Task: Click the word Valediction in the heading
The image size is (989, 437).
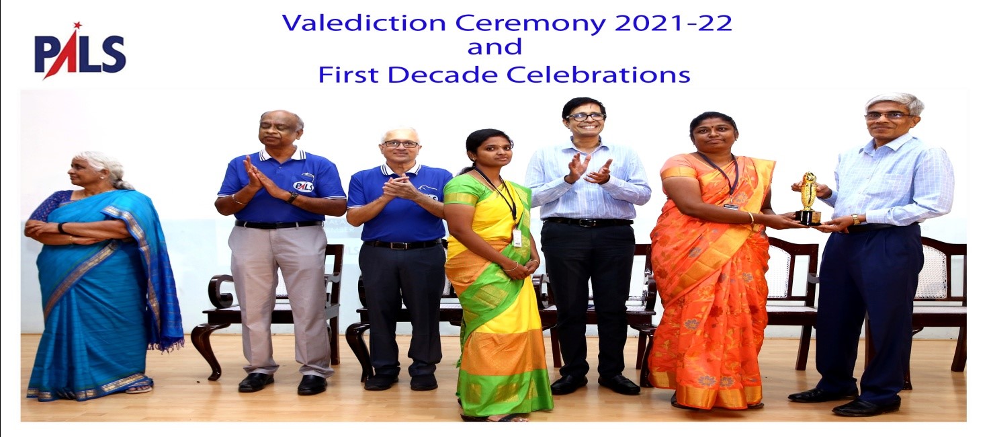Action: coord(363,23)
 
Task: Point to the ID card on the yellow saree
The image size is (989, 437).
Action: coord(517,238)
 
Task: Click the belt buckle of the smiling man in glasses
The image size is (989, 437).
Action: coord(586,223)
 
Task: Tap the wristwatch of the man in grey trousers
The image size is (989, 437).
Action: coord(292,198)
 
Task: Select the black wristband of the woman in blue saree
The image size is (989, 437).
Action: coord(60,228)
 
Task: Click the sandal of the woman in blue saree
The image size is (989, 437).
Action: coord(138,389)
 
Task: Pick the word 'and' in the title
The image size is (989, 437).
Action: coord(494,48)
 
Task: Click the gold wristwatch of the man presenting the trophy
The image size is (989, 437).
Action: coord(856,219)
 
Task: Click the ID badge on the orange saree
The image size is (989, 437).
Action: coord(732,206)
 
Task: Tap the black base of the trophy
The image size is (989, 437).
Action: coord(808,217)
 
